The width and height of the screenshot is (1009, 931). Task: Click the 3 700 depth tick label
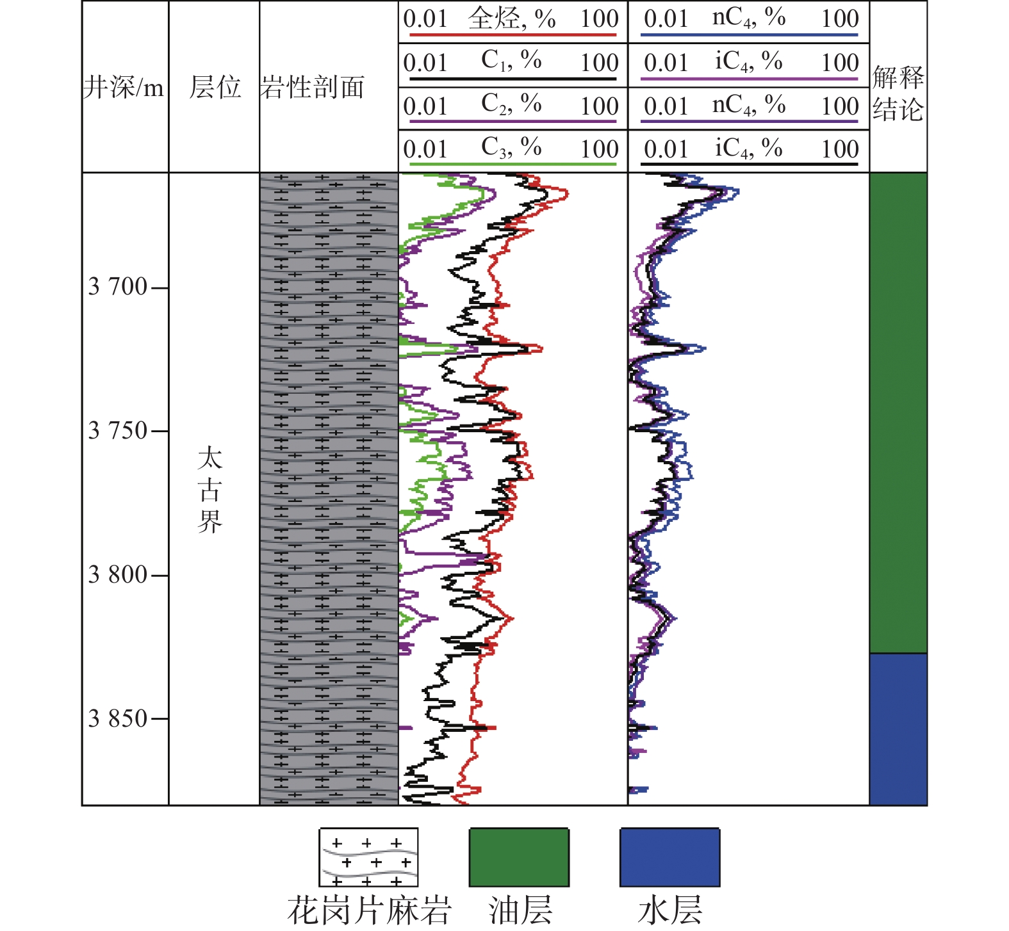[118, 287]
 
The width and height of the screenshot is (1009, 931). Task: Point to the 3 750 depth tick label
[118, 431]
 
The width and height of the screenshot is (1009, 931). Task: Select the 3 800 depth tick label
[118, 575]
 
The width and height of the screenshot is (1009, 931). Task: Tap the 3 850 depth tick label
[118, 718]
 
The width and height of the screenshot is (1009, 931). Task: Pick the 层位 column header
[215, 87]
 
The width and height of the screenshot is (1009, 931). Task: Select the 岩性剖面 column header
[313, 87]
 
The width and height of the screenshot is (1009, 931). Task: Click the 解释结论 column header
[898, 94]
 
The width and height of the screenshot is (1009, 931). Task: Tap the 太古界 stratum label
[210, 490]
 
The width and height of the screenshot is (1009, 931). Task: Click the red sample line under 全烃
[512, 35]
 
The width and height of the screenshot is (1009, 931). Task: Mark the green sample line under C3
[512, 165]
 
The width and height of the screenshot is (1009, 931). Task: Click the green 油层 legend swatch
[519, 857]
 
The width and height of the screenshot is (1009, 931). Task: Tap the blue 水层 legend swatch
[669, 857]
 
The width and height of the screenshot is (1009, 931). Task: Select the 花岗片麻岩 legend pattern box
[368, 857]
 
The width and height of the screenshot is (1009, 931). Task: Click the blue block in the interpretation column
[898, 729]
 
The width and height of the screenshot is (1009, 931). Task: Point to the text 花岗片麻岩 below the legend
[369, 910]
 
